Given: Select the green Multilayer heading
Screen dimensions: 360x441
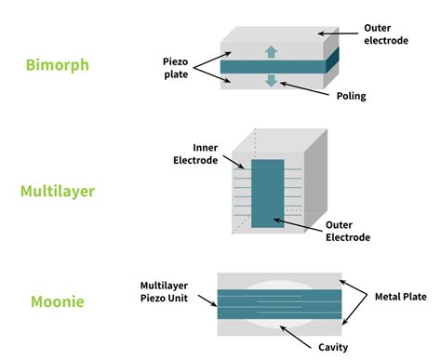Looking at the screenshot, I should tap(58, 193).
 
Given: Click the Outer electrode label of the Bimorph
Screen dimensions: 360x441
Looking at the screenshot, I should tap(383, 33).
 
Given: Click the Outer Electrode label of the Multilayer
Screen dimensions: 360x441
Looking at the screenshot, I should tap(347, 231).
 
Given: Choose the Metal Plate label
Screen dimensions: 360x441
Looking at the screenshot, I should tap(394, 297).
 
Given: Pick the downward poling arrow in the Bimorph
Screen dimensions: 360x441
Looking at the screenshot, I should tap(271, 81).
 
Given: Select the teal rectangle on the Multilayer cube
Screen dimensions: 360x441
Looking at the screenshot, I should tap(268, 193).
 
